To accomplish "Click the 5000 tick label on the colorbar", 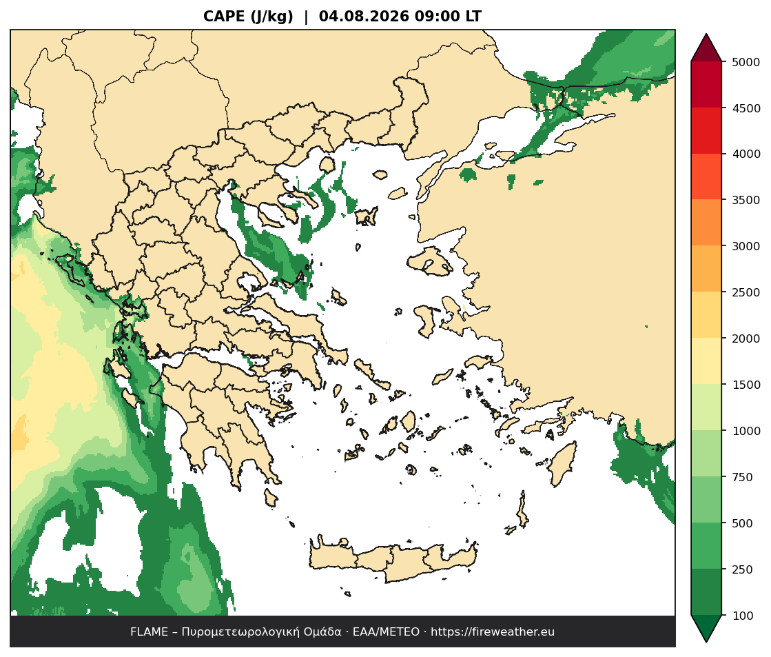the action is [746, 62].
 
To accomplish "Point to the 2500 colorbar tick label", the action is [746, 292].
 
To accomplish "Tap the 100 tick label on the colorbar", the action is [743, 616].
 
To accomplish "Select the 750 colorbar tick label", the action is [743, 477].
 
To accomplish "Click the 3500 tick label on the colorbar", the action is [746, 201].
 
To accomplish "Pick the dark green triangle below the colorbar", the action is [706, 628].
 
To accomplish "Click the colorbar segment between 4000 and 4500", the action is [706, 131].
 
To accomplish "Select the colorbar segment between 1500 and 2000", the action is [706, 362].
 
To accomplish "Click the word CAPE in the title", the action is [224, 17].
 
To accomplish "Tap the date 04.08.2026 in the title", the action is [364, 17].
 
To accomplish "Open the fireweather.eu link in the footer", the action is [493, 632].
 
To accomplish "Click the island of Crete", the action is [393, 561].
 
